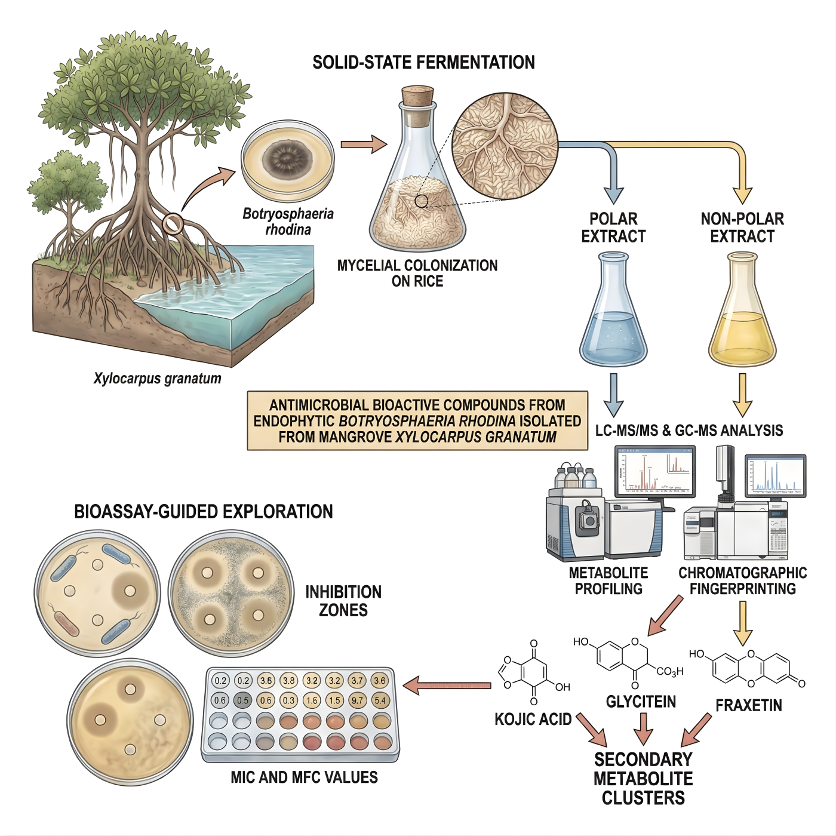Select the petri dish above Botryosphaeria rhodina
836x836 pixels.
(288, 159)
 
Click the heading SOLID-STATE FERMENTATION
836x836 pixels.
(423, 63)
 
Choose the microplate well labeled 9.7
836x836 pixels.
(357, 700)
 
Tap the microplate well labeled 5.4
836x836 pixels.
(380, 700)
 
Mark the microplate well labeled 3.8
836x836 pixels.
(289, 680)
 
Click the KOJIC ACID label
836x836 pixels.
(533, 719)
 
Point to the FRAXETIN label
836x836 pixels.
(749, 705)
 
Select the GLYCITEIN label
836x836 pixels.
(641, 702)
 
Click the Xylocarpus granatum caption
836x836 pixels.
(157, 379)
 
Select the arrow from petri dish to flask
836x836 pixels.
(364, 145)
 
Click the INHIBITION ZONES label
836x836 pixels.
(343, 601)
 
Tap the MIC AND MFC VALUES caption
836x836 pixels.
(304, 777)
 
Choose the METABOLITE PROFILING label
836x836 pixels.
(608, 581)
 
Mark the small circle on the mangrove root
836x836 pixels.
(172, 223)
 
